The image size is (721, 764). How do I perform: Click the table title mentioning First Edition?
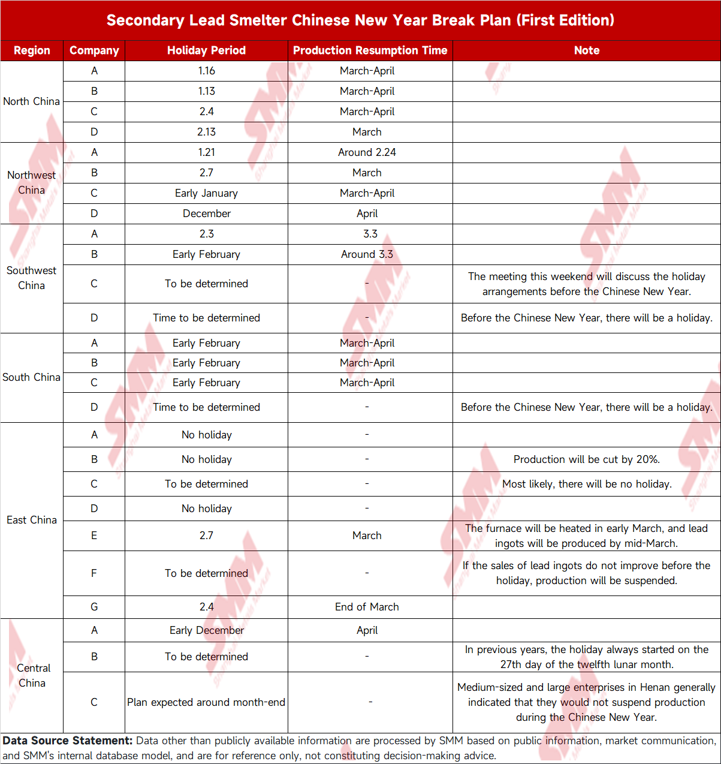360,20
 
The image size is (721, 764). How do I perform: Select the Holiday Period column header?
206,50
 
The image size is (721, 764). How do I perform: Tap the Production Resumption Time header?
370,50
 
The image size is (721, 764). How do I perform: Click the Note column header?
586,50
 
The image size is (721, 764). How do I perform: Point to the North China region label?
31,101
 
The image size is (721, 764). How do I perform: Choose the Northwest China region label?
31,182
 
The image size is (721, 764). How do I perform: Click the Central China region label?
33,675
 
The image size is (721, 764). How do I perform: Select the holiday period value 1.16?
206,71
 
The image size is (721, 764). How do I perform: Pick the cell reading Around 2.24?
367,152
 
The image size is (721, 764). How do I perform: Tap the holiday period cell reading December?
206,213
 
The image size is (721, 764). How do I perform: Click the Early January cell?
206,193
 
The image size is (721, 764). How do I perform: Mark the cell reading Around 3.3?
367,254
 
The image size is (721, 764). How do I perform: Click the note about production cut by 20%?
586,459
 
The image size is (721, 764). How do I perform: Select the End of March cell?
367,607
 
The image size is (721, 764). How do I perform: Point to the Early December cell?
206,630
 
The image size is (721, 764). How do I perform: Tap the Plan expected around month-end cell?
206,702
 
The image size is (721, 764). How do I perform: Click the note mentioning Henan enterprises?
586,702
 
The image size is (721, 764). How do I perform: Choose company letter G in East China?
94,607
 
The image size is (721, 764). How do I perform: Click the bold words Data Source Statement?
67,741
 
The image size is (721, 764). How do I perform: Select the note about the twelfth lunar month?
586,657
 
